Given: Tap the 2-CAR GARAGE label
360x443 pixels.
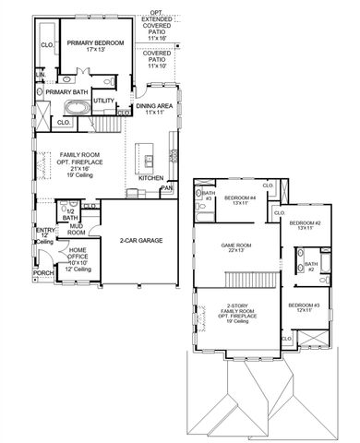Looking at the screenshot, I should pos(140,240).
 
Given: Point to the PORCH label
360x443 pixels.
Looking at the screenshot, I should pos(42,273).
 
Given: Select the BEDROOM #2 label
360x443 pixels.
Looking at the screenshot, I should pos(305,223).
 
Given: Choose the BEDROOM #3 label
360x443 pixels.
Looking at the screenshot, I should pos(305,305).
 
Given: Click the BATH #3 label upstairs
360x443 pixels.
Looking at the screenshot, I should pos(209,197).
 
